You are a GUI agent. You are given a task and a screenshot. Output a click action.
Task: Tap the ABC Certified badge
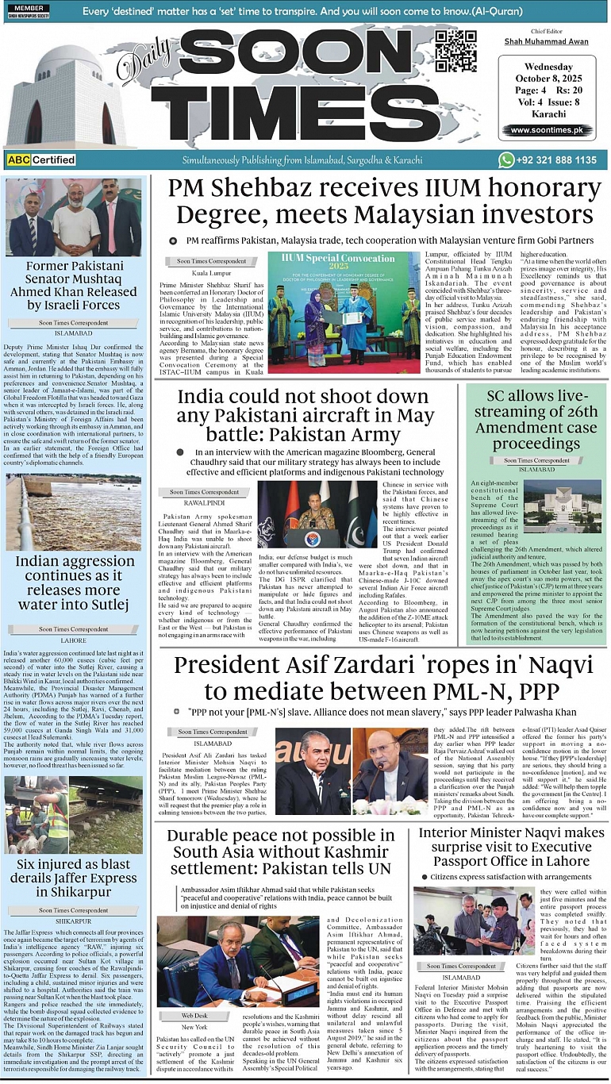point(42,160)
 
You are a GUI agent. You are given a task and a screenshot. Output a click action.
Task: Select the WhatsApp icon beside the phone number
point(506,160)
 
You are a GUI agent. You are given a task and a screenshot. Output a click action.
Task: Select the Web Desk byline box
point(194,1015)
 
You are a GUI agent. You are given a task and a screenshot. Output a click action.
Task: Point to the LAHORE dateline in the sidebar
point(73,640)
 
